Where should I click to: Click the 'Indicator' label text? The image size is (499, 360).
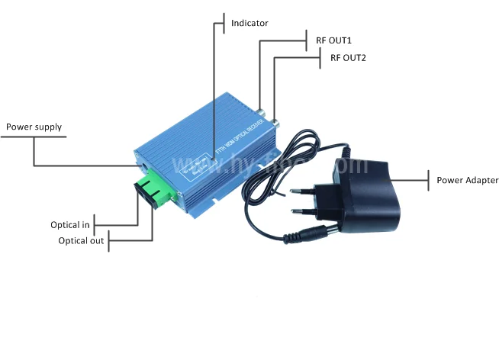tap(250, 24)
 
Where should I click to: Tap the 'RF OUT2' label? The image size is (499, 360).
tap(348, 57)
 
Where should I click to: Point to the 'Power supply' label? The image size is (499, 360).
tap(34, 127)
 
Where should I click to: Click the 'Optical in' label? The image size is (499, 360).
tap(70, 225)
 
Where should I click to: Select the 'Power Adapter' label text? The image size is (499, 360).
tap(468, 181)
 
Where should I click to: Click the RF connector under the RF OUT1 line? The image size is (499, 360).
tap(262, 114)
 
